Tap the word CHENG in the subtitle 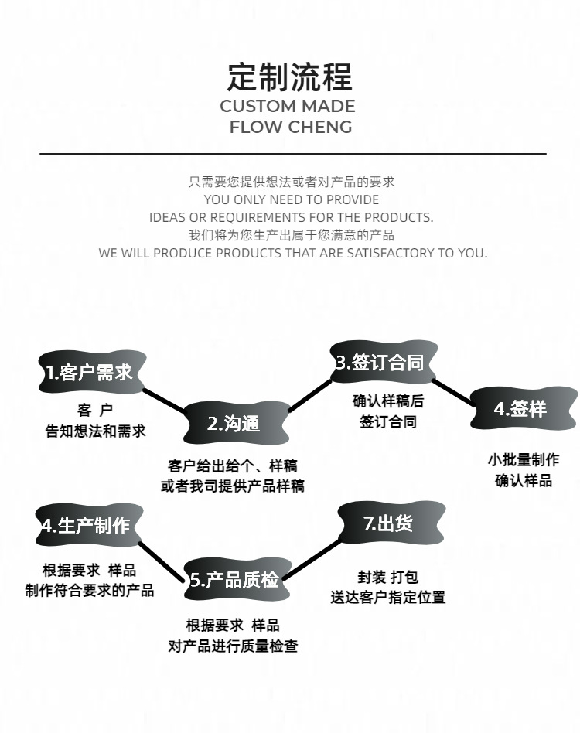[321, 127]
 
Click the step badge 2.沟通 [234, 423]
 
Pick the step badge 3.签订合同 [379, 363]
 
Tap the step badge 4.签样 [520, 408]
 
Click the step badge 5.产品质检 [236, 580]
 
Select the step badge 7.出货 [390, 523]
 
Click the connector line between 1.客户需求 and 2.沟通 [164, 399]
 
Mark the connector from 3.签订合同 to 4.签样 [452, 391]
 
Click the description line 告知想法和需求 [95, 431]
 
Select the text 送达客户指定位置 [388, 597]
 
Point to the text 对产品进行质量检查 [233, 646]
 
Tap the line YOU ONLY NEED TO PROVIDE [292, 199]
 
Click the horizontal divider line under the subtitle [292, 154]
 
